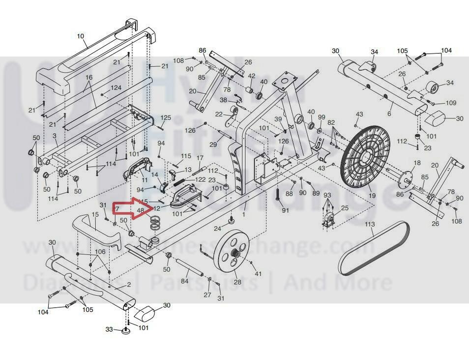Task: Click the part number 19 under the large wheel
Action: pyautogui.click(x=372, y=196)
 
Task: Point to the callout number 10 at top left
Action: pyautogui.click(x=81, y=36)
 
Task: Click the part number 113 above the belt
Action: pyautogui.click(x=370, y=224)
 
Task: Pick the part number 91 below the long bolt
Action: pyautogui.click(x=285, y=210)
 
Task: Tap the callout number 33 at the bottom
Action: pyautogui.click(x=110, y=329)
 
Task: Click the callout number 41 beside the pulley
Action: pyautogui.click(x=258, y=273)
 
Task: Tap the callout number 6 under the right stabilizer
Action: pyautogui.click(x=389, y=114)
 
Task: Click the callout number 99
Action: pyautogui.click(x=322, y=117)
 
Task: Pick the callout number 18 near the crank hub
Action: pyautogui.click(x=417, y=163)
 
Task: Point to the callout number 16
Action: pyautogui.click(x=89, y=78)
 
